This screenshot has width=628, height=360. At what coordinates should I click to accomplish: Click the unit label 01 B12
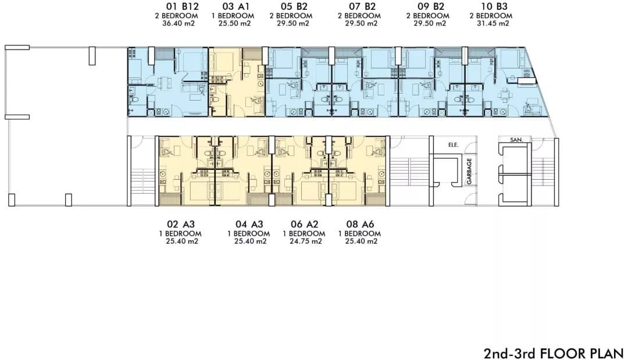click(182, 7)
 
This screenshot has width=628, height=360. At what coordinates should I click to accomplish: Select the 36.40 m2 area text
click(179, 24)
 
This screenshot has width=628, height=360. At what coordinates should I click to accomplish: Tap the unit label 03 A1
click(235, 7)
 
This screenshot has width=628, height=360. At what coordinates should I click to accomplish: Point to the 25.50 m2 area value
click(235, 24)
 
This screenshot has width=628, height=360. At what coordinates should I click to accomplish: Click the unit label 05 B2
click(294, 7)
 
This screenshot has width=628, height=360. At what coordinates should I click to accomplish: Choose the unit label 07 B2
click(362, 7)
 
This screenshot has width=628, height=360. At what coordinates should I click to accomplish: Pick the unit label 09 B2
click(430, 7)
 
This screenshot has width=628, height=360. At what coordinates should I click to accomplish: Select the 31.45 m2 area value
click(493, 24)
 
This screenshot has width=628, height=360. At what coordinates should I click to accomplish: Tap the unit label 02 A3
click(181, 224)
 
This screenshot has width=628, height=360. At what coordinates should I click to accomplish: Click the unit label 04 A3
click(249, 224)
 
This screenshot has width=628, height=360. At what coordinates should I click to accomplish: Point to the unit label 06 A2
click(304, 224)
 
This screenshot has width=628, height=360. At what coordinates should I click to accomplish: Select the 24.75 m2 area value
click(306, 241)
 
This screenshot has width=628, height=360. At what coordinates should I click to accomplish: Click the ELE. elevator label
click(454, 145)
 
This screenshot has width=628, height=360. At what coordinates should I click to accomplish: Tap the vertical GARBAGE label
click(469, 171)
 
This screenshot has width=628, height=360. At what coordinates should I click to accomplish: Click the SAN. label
click(516, 140)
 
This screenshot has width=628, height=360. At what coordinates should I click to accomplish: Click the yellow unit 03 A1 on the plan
click(237, 82)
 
